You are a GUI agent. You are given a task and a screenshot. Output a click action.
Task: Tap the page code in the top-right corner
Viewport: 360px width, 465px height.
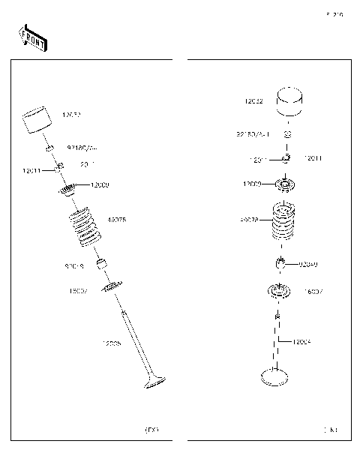(334, 14)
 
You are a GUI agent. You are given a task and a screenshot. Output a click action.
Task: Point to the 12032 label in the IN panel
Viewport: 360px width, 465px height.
(253, 100)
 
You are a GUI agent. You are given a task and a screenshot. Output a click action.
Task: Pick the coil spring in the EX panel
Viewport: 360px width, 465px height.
(84, 229)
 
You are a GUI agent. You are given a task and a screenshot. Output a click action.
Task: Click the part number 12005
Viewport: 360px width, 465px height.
(112, 343)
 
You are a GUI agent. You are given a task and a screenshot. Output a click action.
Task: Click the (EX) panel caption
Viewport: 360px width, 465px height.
(151, 430)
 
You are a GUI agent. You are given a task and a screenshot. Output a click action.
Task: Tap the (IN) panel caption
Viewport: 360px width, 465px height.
(330, 430)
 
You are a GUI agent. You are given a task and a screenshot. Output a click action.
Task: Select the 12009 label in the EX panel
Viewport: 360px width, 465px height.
(100, 184)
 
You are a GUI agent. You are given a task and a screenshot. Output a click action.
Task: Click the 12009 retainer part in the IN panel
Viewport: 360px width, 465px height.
(286, 183)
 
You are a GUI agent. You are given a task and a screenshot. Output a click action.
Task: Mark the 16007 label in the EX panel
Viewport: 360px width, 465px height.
(79, 290)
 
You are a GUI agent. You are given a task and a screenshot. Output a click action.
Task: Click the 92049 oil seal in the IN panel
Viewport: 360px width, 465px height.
(281, 263)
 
